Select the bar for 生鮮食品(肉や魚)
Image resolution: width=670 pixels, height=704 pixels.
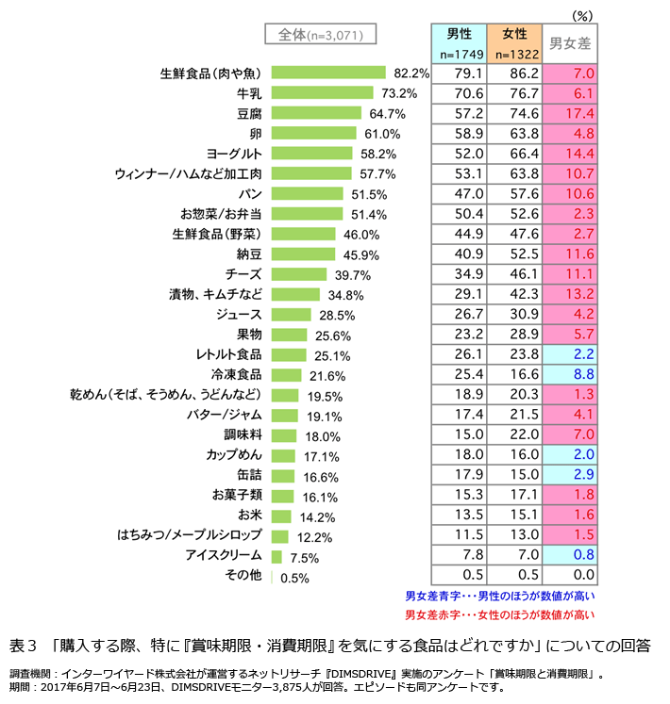328,73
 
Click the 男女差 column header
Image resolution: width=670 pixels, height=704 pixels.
570,43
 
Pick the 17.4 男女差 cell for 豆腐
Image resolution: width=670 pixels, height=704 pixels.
570,113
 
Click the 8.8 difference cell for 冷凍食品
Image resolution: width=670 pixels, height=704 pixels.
570,375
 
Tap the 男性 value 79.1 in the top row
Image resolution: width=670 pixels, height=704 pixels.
461,73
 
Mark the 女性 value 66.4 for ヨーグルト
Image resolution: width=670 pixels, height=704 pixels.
515,153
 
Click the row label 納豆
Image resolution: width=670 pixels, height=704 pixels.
248,254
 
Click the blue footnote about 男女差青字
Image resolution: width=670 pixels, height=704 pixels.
499,596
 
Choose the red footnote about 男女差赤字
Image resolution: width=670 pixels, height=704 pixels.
499,614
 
